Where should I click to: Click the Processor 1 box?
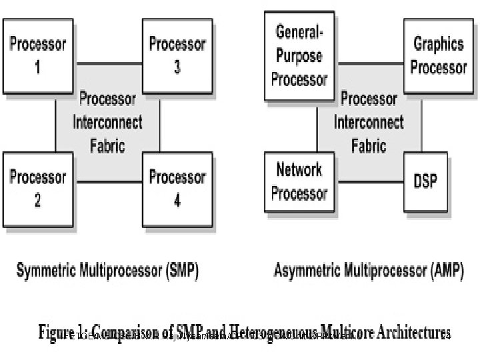click(37, 56)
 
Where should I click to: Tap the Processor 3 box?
click(177, 56)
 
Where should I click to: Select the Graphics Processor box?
click(439, 56)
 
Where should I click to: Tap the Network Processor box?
click(300, 181)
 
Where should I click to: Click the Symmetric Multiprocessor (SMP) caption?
click(107, 271)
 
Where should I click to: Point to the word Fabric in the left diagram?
click(107, 145)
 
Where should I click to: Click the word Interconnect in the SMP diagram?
click(107, 123)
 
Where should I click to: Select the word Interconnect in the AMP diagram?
click(369, 123)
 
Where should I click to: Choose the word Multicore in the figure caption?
click(339, 332)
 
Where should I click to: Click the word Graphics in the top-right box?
click(439, 45)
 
